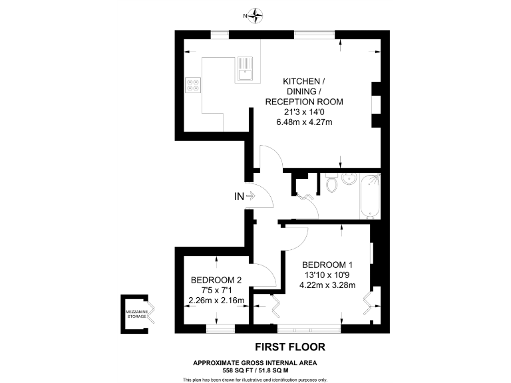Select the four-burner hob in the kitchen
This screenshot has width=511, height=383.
193,84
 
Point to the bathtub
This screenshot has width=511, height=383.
370,196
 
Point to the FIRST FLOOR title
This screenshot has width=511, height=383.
291,346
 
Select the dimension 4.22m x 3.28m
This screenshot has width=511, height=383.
328,285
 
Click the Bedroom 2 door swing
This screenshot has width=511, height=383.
265,276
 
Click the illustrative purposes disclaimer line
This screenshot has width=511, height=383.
255,379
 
